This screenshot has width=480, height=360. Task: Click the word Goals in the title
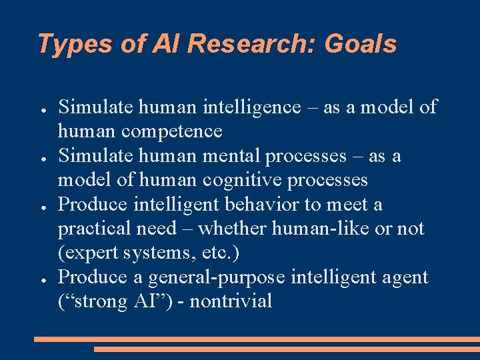(x=360, y=45)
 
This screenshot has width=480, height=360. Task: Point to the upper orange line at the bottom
(x=257, y=339)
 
